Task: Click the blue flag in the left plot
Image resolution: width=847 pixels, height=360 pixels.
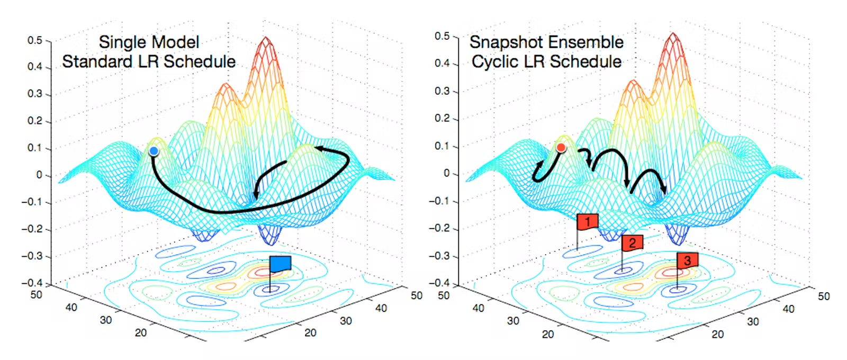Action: (x=280, y=264)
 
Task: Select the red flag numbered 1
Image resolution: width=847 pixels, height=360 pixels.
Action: (x=588, y=222)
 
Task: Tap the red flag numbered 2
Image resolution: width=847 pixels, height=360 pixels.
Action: (x=632, y=243)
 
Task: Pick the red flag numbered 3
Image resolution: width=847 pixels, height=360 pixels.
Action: (x=687, y=260)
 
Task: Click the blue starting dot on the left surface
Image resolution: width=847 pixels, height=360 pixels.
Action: (x=154, y=151)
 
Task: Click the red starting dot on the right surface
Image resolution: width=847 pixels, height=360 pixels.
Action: (x=561, y=148)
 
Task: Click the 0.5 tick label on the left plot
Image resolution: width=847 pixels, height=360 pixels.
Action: (x=35, y=40)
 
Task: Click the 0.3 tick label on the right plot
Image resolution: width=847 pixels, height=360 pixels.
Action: (x=442, y=91)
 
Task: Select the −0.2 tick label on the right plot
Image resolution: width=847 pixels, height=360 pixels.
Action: (x=439, y=228)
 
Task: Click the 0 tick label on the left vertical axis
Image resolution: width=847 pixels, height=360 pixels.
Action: (x=39, y=175)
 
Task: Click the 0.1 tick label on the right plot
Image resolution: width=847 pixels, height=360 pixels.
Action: (x=442, y=146)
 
